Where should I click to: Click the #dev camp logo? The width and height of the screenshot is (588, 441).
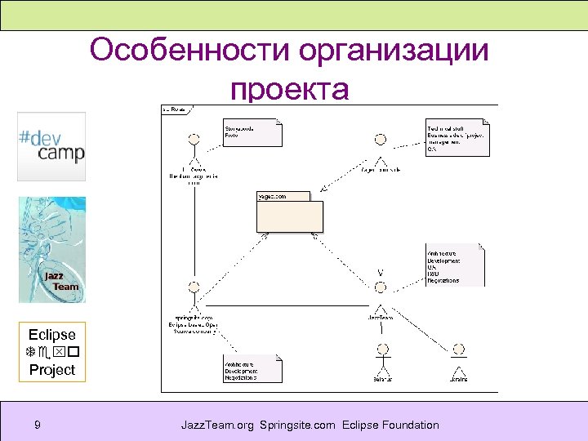pyautogui.click(x=51, y=146)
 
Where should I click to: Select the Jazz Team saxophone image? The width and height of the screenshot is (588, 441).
pyautogui.click(x=51, y=249)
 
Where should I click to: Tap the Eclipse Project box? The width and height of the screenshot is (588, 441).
pyautogui.click(x=51, y=352)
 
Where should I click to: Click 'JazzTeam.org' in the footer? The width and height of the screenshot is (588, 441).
pyautogui.click(x=218, y=425)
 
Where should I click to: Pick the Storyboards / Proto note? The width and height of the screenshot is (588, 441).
pyautogui.click(x=252, y=133)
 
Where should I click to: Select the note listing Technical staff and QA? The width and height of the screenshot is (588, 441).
pyautogui.click(x=457, y=138)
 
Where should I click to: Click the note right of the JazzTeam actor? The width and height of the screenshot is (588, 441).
pyautogui.click(x=455, y=265)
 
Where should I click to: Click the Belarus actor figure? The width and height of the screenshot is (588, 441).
pyautogui.click(x=381, y=359)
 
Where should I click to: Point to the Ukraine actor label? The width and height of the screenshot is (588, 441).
pyautogui.click(x=459, y=379)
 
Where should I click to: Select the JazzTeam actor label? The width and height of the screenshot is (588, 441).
pyautogui.click(x=380, y=317)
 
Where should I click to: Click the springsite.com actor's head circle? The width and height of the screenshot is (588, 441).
pyautogui.click(x=194, y=287)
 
